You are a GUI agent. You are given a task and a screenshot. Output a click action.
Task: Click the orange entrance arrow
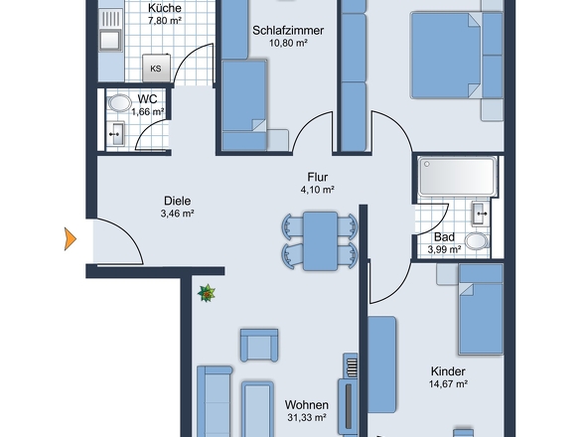[71, 239]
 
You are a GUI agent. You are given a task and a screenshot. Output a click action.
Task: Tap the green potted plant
[207, 293]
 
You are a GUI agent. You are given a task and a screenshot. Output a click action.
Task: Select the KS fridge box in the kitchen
[156, 69]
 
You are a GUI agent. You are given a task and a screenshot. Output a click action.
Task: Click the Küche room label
[165, 8]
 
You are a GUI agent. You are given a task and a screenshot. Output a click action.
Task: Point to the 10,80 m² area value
[288, 43]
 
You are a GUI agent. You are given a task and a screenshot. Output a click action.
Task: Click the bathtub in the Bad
[458, 177]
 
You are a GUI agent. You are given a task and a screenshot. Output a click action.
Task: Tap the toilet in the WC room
[119, 103]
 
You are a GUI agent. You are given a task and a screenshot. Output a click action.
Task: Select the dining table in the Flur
[320, 240]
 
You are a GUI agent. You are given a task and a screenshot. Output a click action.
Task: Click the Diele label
[178, 201]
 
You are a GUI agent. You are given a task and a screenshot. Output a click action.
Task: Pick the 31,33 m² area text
[307, 417]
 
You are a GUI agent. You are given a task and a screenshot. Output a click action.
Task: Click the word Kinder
[448, 371]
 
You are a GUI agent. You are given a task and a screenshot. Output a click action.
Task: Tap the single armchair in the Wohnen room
[259, 345]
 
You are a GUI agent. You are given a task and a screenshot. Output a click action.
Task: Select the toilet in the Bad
[477, 241]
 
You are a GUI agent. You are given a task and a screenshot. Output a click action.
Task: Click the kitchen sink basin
[110, 40]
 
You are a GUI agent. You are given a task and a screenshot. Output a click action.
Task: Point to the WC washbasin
[116, 133]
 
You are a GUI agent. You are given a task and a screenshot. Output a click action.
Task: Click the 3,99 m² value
[444, 249]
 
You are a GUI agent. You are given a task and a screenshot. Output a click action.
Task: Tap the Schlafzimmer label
[288, 30]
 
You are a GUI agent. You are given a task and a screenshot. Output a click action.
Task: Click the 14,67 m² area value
[448, 384]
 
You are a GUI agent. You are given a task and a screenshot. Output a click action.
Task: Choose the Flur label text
[318, 177]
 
